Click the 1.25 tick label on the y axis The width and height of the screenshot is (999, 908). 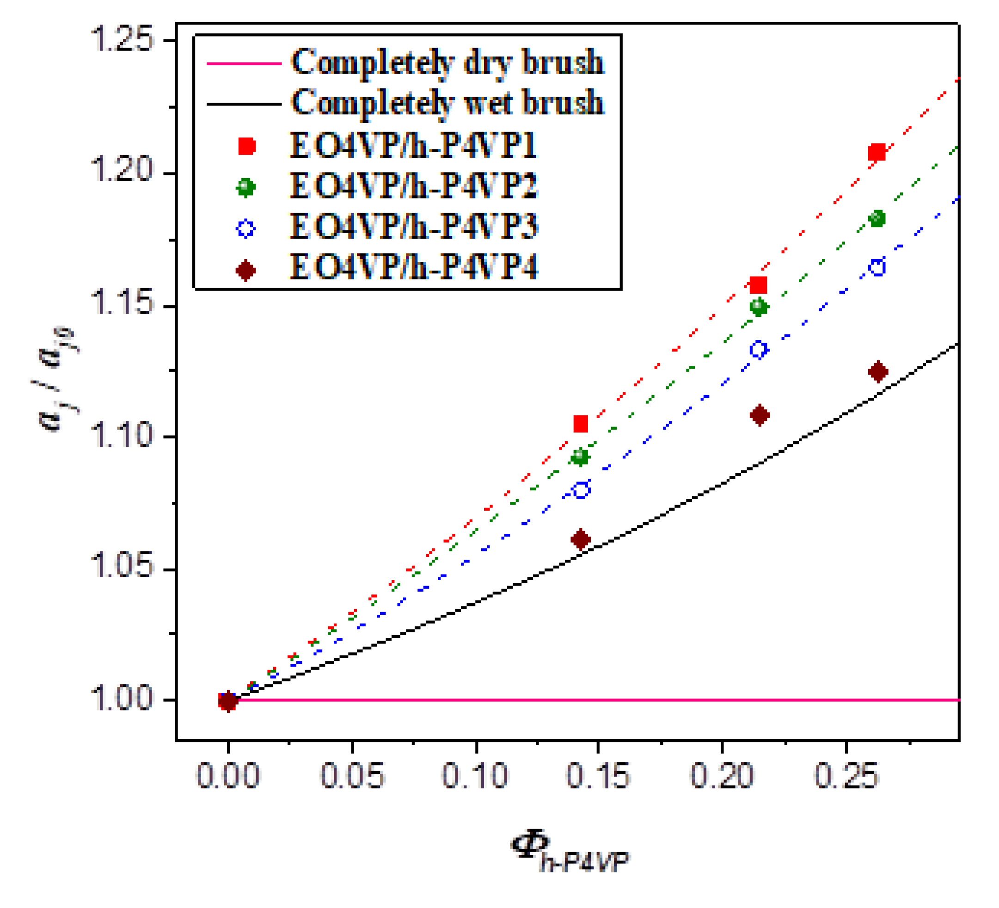tap(122, 39)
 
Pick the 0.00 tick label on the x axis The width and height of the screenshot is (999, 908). tap(227, 776)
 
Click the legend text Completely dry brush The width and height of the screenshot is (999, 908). tap(447, 62)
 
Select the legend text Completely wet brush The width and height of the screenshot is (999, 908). tap(447, 103)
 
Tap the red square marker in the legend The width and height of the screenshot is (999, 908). tap(246, 146)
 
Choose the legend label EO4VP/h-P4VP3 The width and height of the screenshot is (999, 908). tap(414, 227)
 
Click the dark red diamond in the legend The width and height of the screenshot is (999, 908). tap(246, 270)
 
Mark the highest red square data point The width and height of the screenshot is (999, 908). tap(876, 152)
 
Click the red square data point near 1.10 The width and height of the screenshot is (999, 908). tap(580, 424)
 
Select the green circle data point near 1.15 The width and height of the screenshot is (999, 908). tap(759, 307)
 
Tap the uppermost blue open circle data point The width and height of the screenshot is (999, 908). tap(877, 267)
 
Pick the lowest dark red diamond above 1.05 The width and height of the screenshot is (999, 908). tap(580, 539)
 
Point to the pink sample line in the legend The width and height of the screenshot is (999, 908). tap(244, 63)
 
